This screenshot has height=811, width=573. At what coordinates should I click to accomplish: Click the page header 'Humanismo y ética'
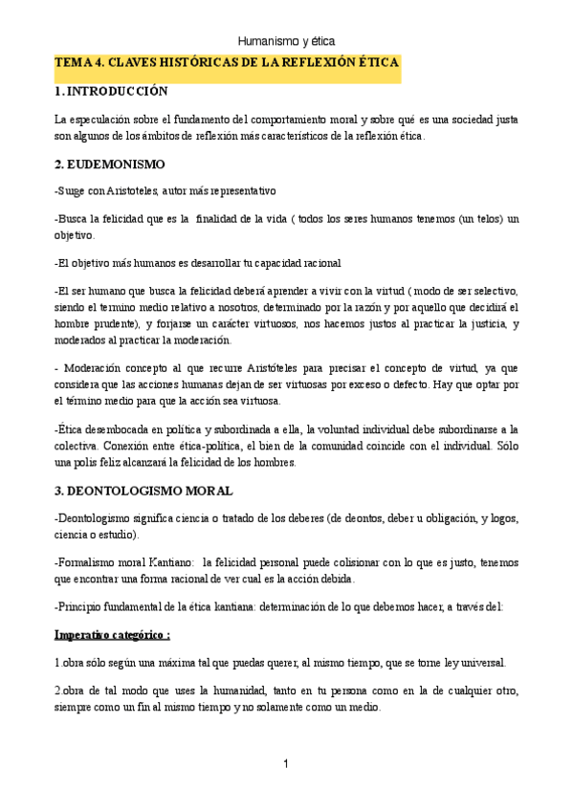coord(286,41)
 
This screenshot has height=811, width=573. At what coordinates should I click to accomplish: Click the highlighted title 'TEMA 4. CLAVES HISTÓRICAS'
coord(227,63)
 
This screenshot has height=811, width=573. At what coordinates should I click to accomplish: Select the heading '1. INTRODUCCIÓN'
coord(111,92)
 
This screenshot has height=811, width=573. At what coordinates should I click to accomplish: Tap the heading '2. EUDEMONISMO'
coord(109,164)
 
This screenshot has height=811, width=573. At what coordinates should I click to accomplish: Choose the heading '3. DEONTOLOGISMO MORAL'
coord(143,491)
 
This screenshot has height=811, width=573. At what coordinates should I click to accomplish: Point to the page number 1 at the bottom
coord(286,763)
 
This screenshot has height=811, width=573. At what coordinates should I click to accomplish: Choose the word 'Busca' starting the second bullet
coord(77,218)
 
